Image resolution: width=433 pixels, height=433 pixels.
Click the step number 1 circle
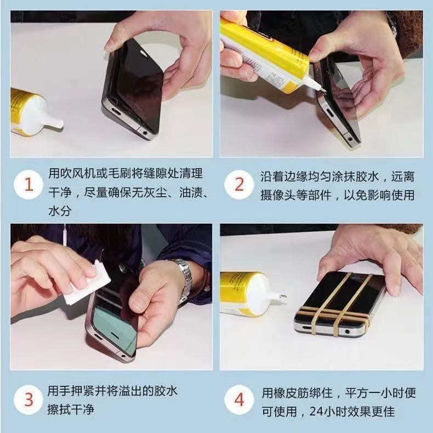pyautogui.click(x=29, y=185)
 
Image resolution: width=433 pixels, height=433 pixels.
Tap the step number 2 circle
pyautogui.click(x=239, y=185)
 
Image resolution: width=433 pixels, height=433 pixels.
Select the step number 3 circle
pyautogui.click(x=29, y=400)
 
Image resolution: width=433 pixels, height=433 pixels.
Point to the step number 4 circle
pyautogui.click(x=239, y=400)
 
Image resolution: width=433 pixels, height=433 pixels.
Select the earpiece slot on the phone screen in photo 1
pyautogui.click(x=144, y=52)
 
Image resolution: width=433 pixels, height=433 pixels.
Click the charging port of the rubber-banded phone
pyautogui.click(x=308, y=328)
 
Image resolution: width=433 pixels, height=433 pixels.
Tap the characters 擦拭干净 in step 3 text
pyautogui.click(x=71, y=409)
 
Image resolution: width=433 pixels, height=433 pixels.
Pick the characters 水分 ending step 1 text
pyautogui.click(x=60, y=211)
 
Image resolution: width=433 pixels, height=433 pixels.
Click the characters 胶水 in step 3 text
pyautogui.click(x=166, y=390)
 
